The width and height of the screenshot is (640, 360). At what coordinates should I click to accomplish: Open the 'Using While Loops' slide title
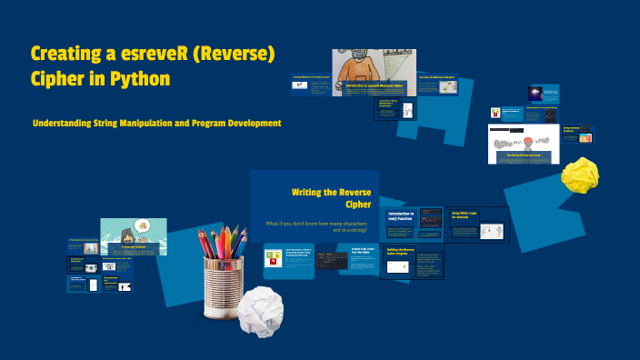[466, 215]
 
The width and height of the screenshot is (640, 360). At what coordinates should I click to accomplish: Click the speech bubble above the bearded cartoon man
[142, 225]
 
